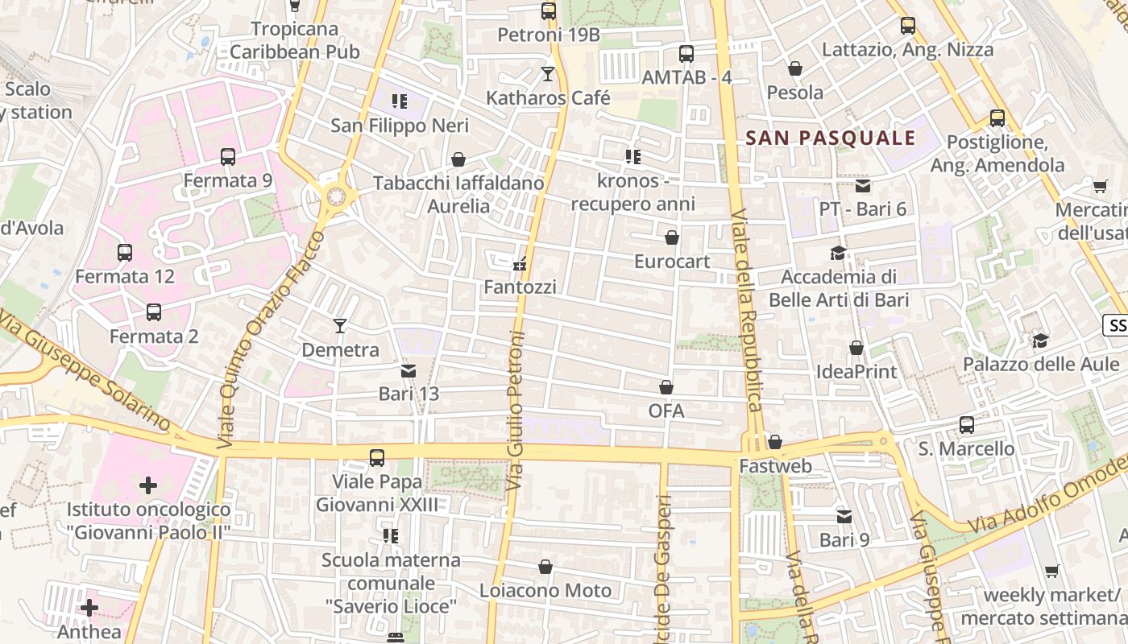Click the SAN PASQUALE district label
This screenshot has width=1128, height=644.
click(x=831, y=138)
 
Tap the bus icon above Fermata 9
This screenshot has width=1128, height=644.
click(x=228, y=157)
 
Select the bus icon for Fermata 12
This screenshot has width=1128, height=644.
click(x=125, y=253)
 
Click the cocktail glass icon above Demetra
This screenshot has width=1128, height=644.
click(x=340, y=326)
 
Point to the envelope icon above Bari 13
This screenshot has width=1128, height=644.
click(x=408, y=371)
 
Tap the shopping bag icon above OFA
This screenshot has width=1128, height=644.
click(x=666, y=388)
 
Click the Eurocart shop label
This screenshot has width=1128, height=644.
click(x=672, y=262)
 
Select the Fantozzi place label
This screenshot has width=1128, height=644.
click(x=520, y=287)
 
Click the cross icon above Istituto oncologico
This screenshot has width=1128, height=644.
click(x=148, y=485)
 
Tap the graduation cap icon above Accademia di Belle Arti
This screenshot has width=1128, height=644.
click(x=838, y=253)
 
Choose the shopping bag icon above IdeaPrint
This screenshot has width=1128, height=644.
click(x=856, y=348)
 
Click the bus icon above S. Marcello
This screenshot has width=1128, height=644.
click(x=967, y=424)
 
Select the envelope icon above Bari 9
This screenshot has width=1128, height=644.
click(x=844, y=516)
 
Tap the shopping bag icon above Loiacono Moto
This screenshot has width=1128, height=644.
click(x=545, y=568)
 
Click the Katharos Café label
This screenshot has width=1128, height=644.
click(x=548, y=98)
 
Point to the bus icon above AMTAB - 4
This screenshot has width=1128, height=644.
click(x=686, y=54)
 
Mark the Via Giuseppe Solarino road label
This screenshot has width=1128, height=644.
click(x=86, y=374)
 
